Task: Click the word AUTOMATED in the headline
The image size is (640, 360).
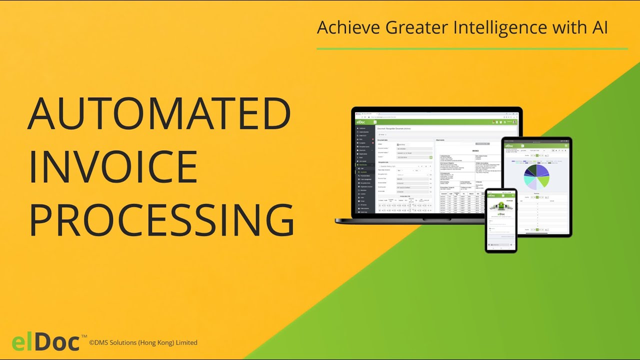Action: (159, 114)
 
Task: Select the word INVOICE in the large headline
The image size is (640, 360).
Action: (113, 167)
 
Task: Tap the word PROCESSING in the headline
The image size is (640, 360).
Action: (161, 220)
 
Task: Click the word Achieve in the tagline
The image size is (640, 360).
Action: (348, 28)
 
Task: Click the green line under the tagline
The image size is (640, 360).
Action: (472, 49)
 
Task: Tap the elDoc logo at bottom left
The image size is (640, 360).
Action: (45, 342)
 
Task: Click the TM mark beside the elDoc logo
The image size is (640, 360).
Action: (84, 336)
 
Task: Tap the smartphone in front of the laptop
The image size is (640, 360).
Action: (501, 220)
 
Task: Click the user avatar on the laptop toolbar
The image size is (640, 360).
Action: (514, 122)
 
